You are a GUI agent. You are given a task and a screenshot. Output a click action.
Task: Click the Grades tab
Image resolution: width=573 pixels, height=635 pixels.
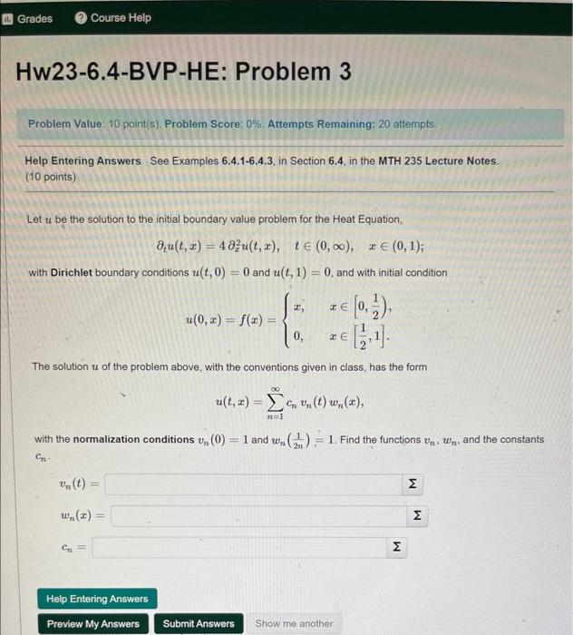click(x=29, y=18)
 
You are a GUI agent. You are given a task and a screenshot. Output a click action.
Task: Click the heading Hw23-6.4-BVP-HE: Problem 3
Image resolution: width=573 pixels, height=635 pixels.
click(x=183, y=72)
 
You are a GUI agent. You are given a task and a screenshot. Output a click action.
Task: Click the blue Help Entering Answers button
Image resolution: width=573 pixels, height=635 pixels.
click(x=97, y=599)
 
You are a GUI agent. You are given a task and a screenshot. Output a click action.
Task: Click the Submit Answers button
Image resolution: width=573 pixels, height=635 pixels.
click(x=199, y=623)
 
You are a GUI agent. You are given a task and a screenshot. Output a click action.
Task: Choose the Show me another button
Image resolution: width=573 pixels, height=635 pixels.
click(x=294, y=623)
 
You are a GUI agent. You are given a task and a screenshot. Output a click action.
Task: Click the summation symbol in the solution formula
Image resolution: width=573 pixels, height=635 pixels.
click(x=268, y=398)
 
